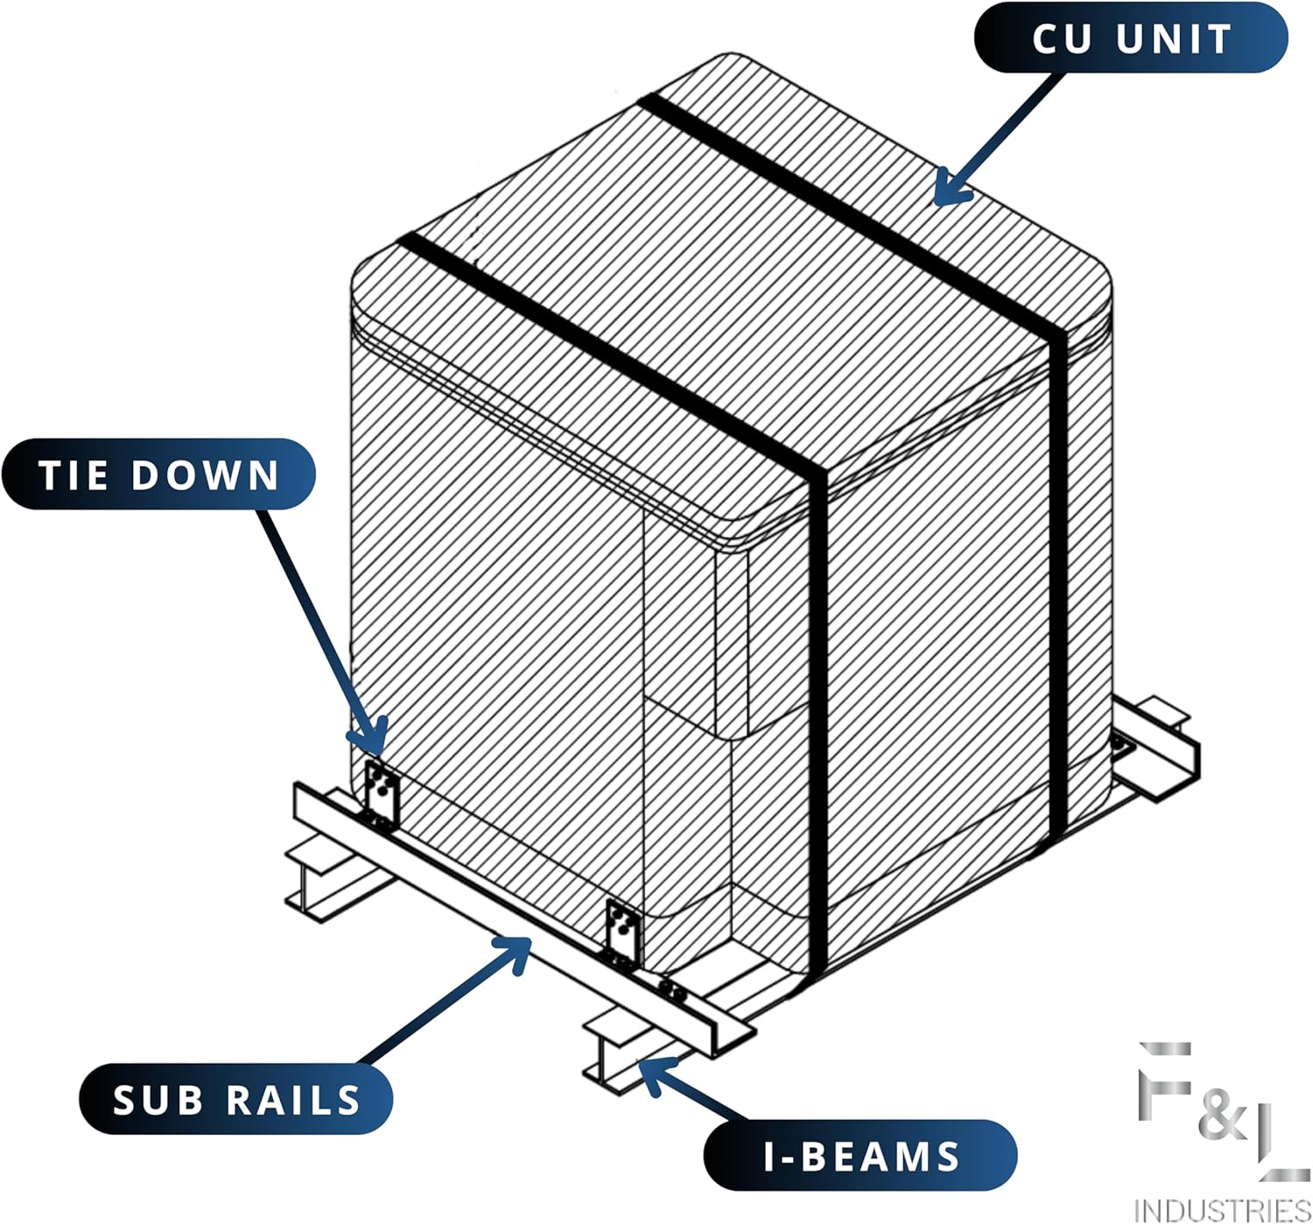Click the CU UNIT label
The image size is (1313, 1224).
click(1131, 38)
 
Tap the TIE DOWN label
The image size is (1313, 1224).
click(158, 475)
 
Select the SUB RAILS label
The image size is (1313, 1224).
click(236, 1100)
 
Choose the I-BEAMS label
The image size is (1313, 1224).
click(861, 1156)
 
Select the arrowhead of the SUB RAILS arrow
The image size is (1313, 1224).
click(520, 946)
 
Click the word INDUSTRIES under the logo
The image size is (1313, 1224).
click(1222, 1209)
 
